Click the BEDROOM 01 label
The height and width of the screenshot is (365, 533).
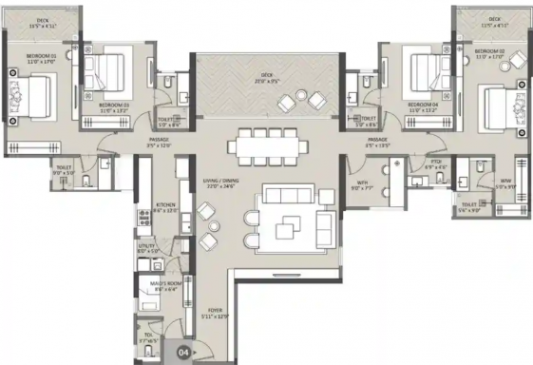pyautogui.click(x=29, y=57)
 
